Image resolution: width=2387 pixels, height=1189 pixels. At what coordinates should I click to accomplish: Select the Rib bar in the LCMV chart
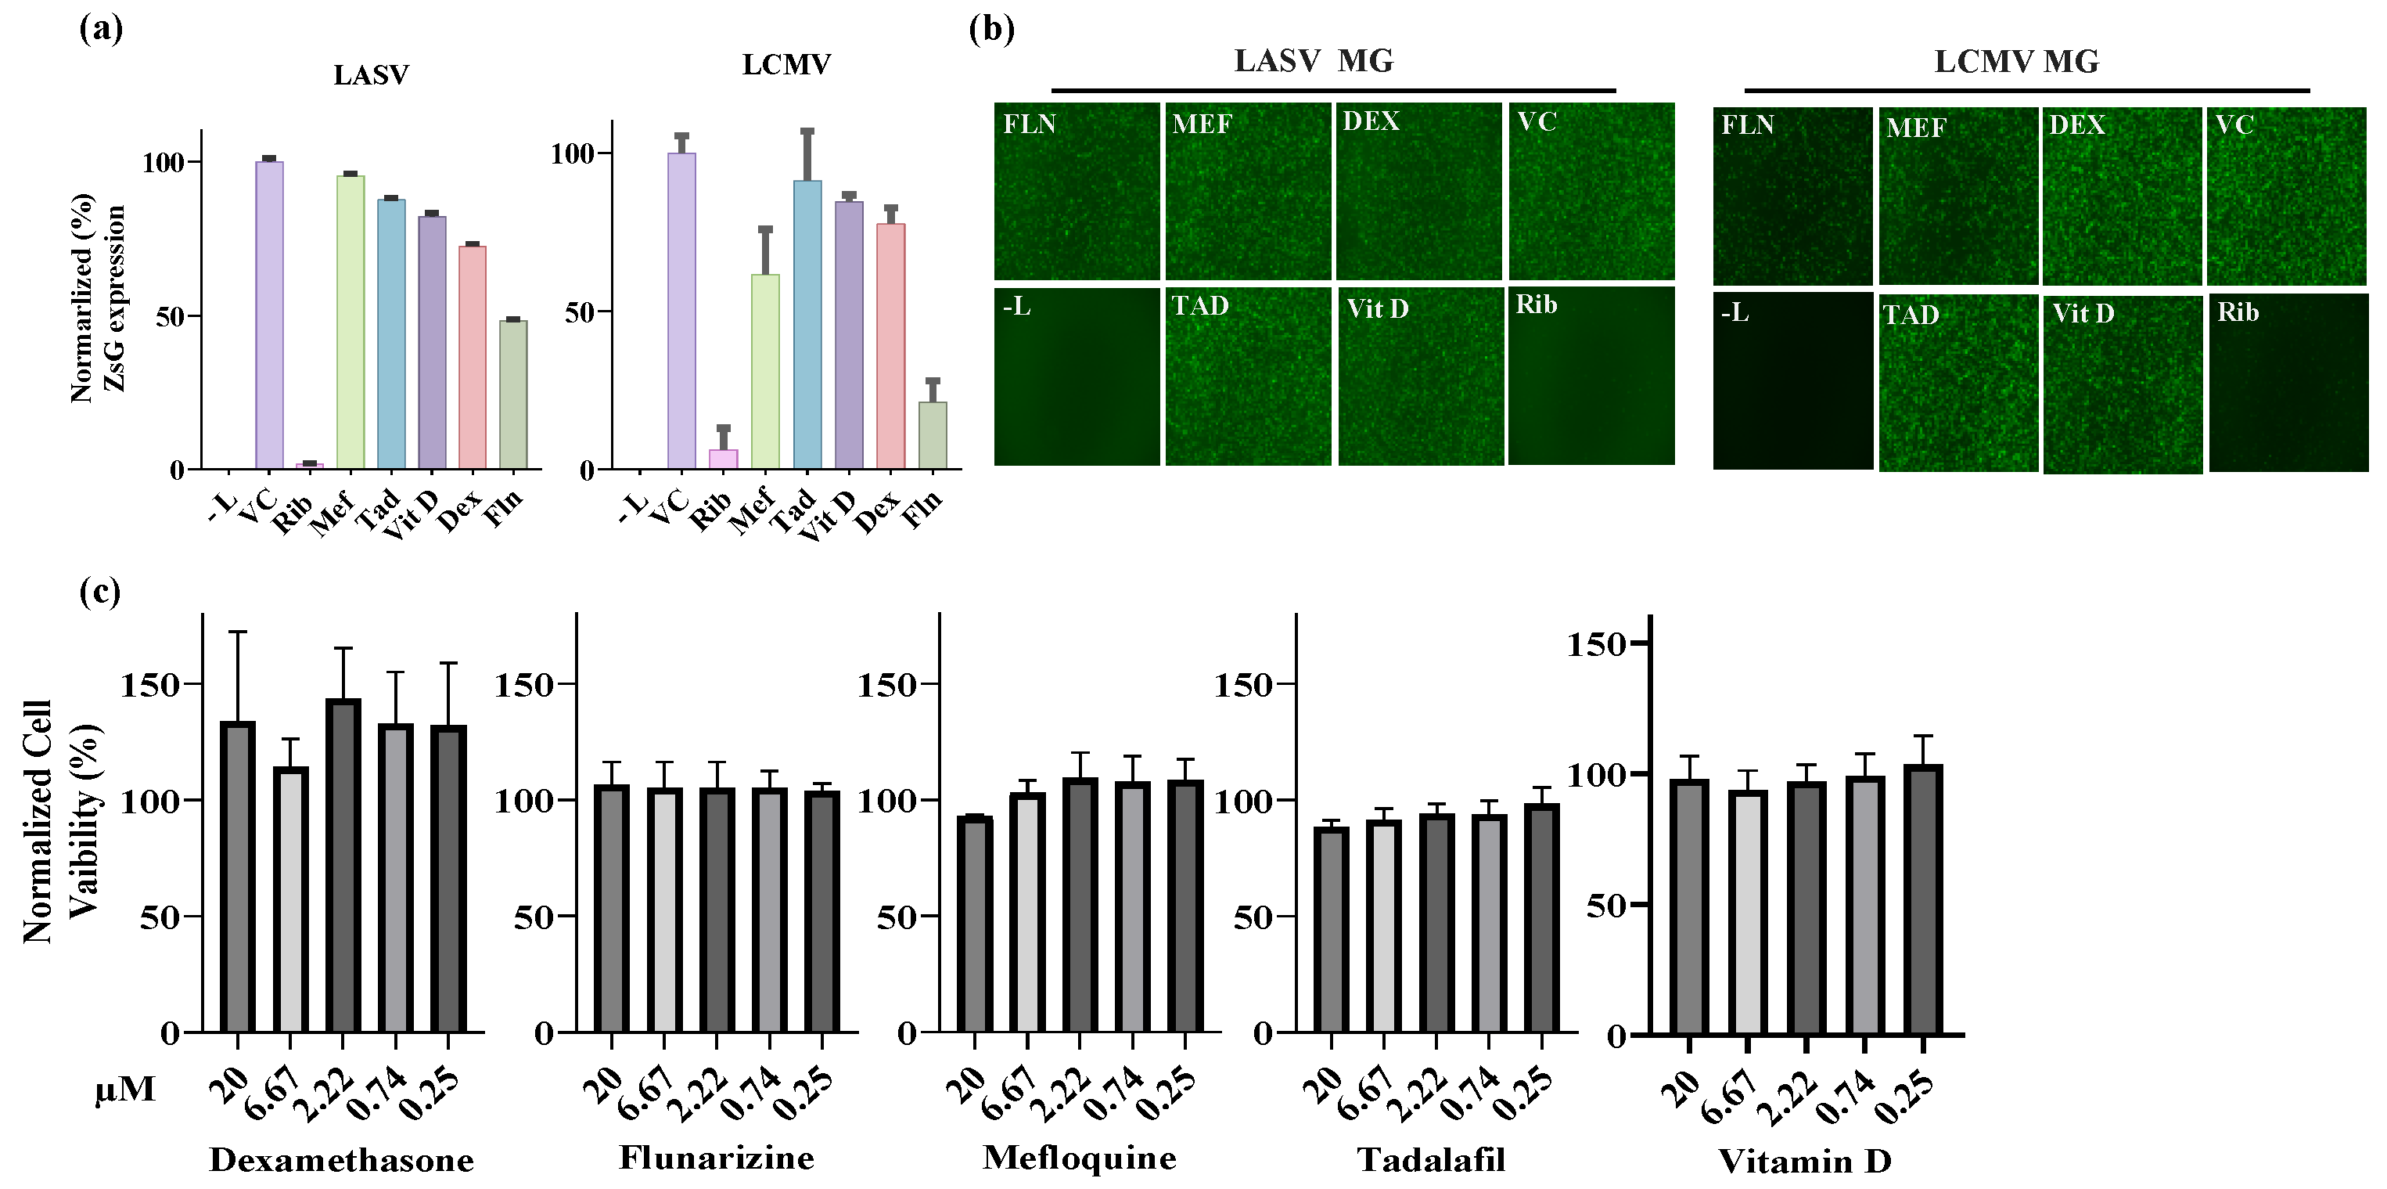coord(724,459)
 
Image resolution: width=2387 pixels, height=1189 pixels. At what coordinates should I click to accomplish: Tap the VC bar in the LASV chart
coord(270,315)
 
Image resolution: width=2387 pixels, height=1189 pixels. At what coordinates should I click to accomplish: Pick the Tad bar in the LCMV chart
coord(807,324)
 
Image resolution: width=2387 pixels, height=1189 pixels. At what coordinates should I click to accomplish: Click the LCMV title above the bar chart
coord(785,64)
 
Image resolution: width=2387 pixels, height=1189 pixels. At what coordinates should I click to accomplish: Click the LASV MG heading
coord(1313,61)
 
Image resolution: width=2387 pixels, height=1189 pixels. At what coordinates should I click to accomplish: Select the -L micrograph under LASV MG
coord(1077,377)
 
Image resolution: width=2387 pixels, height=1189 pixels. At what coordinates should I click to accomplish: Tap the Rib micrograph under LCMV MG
coord(2288,383)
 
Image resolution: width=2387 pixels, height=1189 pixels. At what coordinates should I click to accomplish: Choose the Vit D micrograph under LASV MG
coord(1421,377)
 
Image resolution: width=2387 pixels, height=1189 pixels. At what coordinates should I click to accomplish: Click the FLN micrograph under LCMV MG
coord(1792,196)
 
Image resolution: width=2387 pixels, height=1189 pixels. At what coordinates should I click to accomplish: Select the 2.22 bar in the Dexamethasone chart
coord(343,866)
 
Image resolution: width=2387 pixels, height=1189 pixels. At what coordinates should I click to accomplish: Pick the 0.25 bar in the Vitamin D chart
coord(1923,899)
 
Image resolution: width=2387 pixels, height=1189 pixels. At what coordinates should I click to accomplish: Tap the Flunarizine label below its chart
coord(717,1158)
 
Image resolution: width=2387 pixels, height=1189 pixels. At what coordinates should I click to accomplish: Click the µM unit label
coord(125,1089)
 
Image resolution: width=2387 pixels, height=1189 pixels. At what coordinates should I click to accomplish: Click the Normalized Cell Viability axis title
coord(61,821)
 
